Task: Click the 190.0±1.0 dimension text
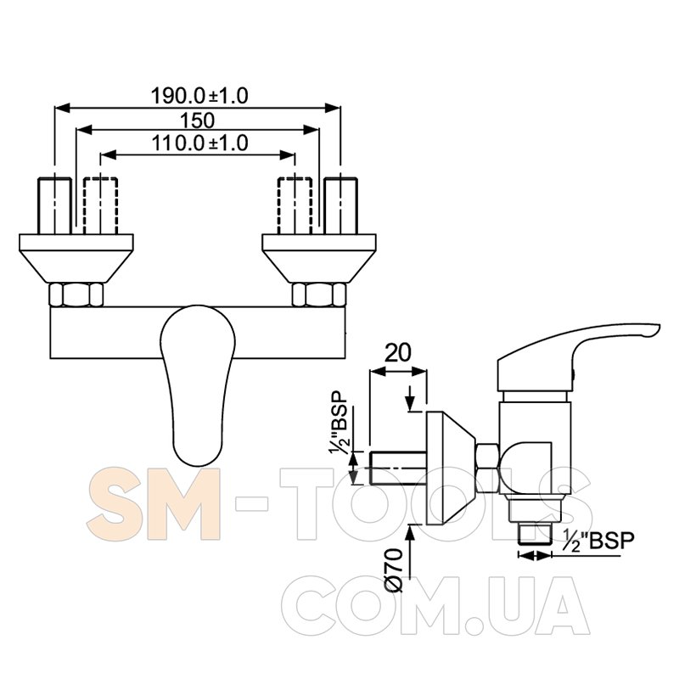tap(199, 96)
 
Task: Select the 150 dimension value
tap(198, 121)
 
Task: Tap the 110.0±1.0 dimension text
tap(199, 143)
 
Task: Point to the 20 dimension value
tap(398, 353)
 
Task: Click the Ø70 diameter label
tap(394, 570)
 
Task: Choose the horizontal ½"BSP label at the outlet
tap(599, 541)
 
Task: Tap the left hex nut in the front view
tap(76, 295)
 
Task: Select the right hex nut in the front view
tap(319, 295)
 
